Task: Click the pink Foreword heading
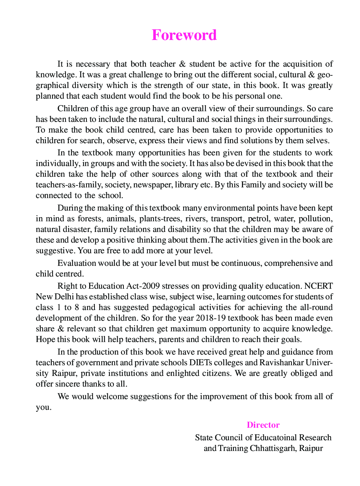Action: pos(184,35)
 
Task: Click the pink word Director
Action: pos(263,425)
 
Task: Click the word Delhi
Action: pos(63,296)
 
